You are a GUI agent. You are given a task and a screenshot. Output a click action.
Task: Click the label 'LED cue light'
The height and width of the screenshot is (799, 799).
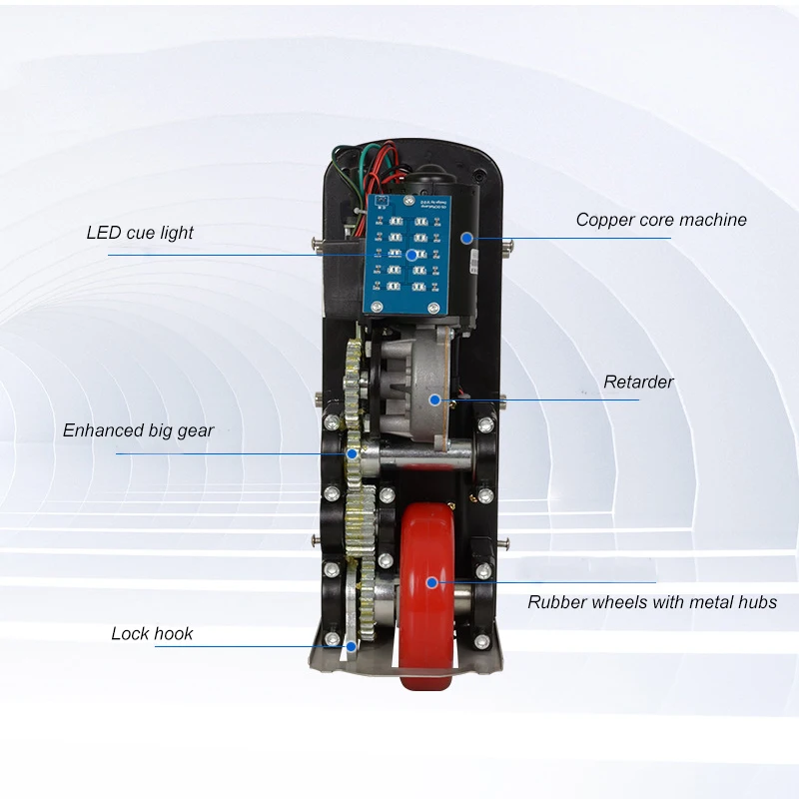point(140,233)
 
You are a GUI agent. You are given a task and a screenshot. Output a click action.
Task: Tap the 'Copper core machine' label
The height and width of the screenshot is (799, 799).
point(661,220)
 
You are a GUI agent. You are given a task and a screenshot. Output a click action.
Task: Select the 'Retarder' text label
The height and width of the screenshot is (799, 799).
point(638,382)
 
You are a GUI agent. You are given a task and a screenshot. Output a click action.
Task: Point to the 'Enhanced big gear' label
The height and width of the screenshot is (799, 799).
point(138,430)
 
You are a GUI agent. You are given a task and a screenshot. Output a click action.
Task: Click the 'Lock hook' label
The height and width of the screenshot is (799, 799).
point(152,633)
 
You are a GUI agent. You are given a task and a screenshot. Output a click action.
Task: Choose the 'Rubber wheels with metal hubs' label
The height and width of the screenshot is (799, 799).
point(652,602)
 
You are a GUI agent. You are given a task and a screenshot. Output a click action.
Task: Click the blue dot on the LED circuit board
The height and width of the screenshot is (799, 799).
point(411,255)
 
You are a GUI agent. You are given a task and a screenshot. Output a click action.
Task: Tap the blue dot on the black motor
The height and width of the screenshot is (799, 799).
point(466,238)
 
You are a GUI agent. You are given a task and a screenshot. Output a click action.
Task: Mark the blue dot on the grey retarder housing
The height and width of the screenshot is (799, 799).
point(434,400)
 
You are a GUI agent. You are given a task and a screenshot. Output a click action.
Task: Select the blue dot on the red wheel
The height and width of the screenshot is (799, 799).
point(431,582)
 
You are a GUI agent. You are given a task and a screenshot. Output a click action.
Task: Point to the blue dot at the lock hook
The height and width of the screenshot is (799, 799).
point(352,646)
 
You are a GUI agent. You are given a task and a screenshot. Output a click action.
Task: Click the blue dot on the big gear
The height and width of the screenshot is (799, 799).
point(352,453)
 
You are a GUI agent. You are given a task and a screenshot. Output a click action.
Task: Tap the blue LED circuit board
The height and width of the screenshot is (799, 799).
point(406,255)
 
